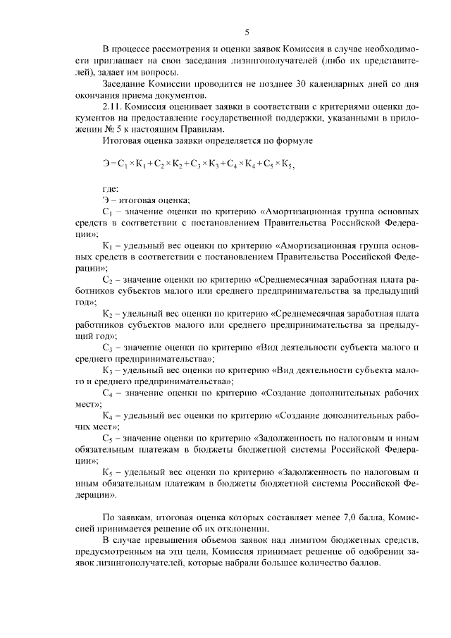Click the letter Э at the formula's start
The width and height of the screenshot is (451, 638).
106,165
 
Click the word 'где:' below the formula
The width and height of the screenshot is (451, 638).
110,188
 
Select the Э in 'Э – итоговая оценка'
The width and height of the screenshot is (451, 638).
106,200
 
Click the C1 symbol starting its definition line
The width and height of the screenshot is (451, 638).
107,211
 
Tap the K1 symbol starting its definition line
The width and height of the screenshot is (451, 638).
107,245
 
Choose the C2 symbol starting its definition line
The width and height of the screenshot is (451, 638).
107,280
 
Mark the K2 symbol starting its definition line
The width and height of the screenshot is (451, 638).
107,314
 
